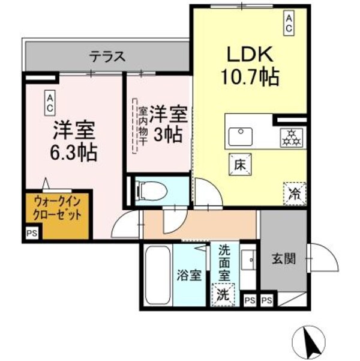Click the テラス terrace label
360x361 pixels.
(107, 57)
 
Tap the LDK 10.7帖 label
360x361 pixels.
(250, 66)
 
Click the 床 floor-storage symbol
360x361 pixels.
(238, 163)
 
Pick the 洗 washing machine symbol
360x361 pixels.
(223, 294)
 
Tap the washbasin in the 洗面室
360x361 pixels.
(247, 260)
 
